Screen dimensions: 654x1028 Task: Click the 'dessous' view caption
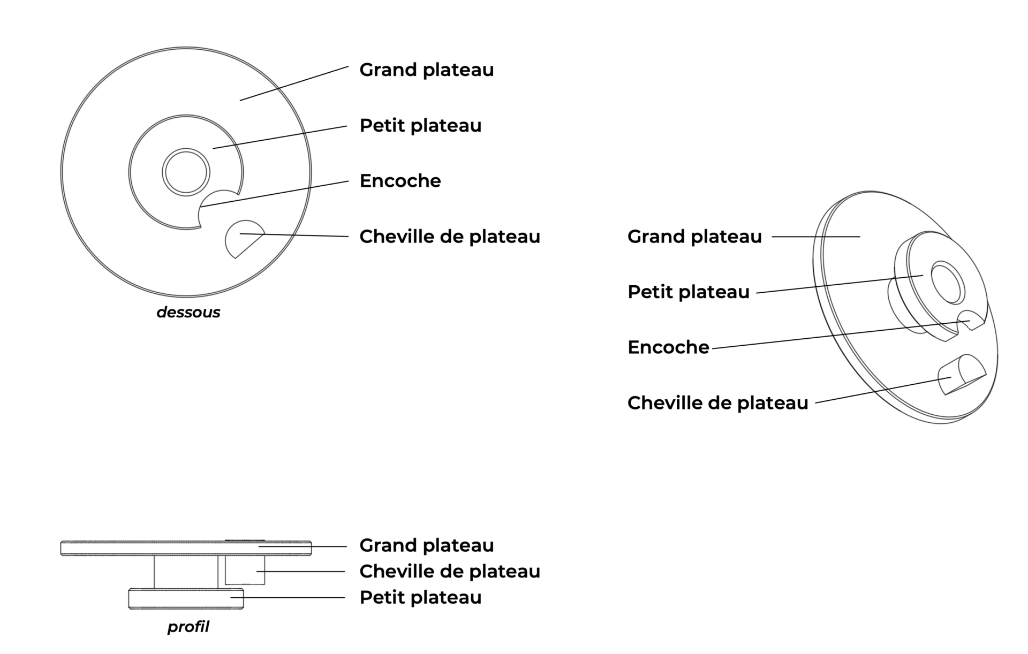(188, 313)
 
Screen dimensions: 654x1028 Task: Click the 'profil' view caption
(188, 627)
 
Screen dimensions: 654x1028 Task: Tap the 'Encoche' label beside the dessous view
(400, 181)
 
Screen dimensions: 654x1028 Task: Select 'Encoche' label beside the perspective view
(668, 347)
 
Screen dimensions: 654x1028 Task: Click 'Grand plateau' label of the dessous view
(426, 70)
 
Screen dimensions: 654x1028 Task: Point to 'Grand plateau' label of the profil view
(426, 545)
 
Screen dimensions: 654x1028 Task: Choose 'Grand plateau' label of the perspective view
(694, 237)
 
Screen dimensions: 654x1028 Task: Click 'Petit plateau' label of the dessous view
(420, 126)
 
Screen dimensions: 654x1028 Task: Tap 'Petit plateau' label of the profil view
(420, 597)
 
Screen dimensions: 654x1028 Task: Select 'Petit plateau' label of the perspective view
(688, 292)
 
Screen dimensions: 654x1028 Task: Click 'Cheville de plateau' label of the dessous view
(449, 237)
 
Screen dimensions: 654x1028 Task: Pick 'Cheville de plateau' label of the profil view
(449, 572)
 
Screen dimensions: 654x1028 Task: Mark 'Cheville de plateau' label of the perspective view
(717, 403)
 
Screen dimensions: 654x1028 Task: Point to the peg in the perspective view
(961, 375)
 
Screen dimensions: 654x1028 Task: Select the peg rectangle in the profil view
(245, 570)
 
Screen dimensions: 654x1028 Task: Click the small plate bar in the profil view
(186, 599)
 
